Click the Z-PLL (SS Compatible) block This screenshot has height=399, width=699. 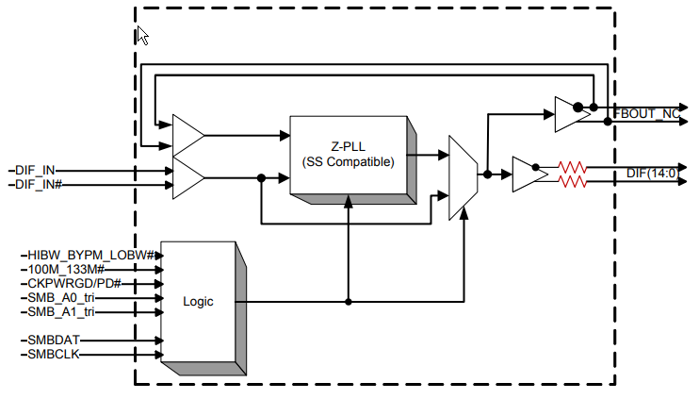click(348, 155)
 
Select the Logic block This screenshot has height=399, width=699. click(198, 302)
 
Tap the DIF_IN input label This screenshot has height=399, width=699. click(37, 171)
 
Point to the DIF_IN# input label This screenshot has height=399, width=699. click(41, 185)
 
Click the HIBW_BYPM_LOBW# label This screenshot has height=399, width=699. click(75, 255)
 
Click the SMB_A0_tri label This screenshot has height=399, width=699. click(61, 297)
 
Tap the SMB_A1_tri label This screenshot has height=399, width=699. click(61, 311)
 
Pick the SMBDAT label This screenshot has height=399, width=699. click(52, 339)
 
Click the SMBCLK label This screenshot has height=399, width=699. click(52, 354)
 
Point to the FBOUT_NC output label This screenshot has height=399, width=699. click(648, 114)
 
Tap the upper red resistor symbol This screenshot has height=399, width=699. click(573, 167)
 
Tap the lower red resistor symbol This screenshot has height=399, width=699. click(573, 181)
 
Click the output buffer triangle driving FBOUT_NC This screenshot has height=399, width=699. click(568, 114)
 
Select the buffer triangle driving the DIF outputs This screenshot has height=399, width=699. click(526, 175)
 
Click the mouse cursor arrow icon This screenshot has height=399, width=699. click(142, 36)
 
